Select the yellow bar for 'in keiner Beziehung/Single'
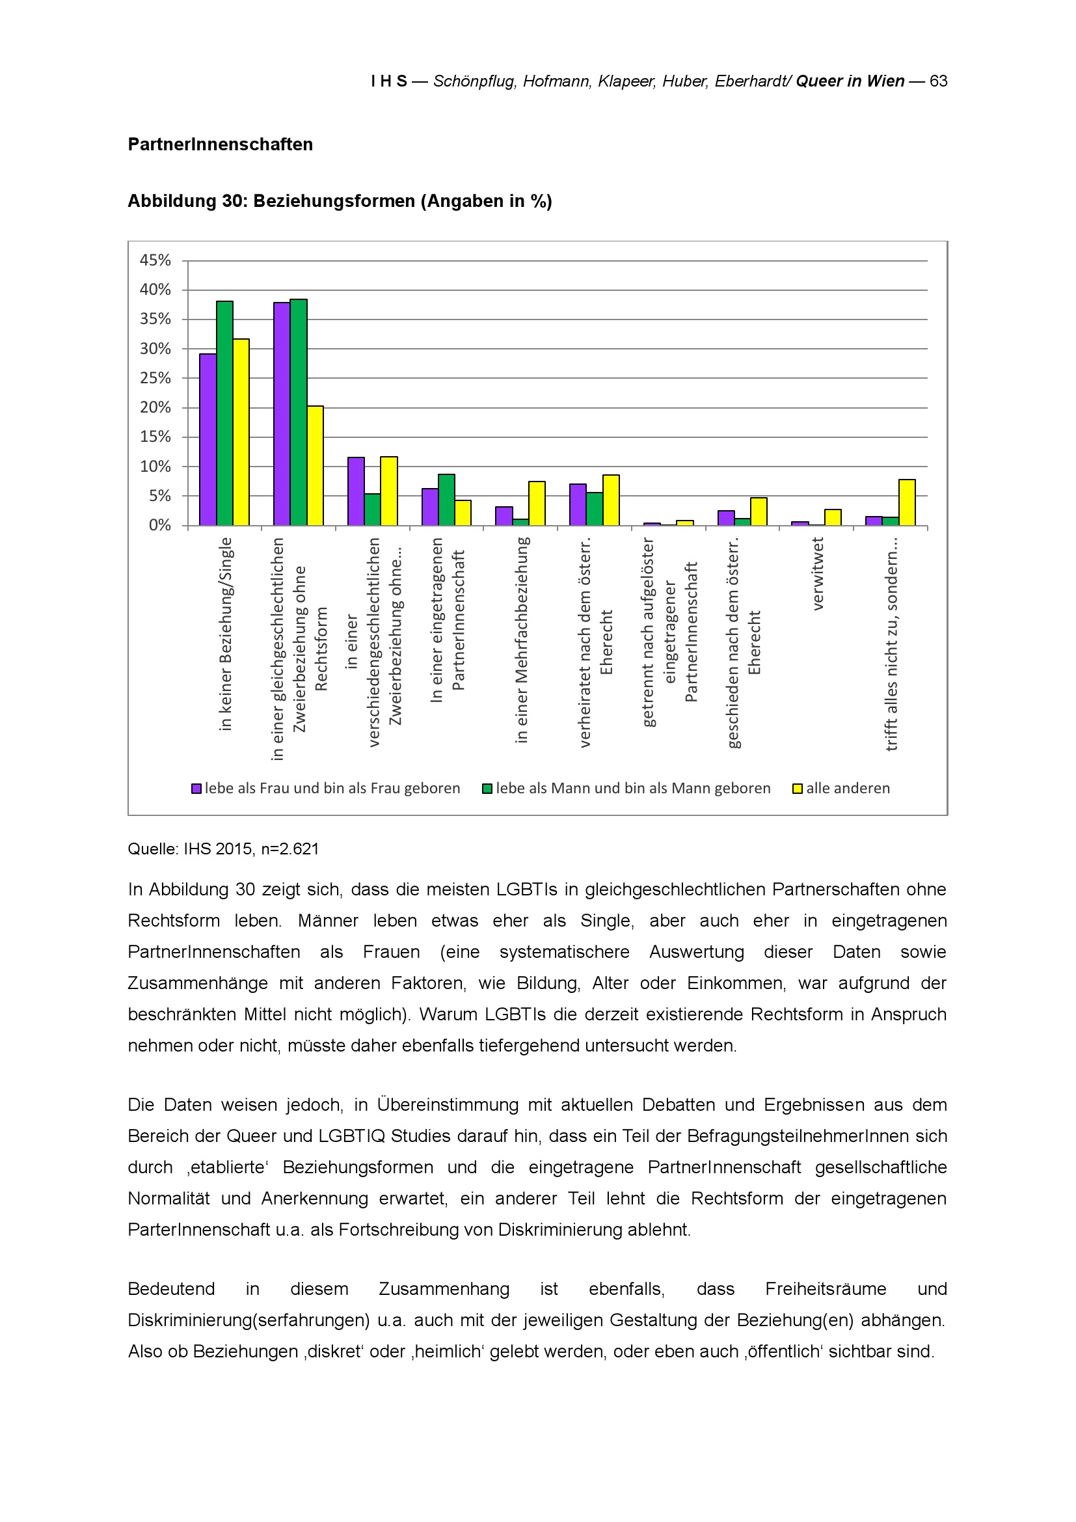tap(241, 432)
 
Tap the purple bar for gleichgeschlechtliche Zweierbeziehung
tap(282, 414)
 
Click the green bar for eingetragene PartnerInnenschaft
tap(446, 500)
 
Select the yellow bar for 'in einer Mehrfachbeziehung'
tap(537, 503)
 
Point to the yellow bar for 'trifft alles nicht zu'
tap(907, 502)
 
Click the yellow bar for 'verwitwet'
tap(833, 517)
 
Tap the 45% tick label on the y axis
tap(155, 260)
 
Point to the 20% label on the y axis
tap(155, 408)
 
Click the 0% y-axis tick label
tap(159, 526)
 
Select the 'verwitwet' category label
tap(817, 574)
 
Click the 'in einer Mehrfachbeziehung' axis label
tap(522, 640)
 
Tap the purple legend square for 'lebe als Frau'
tap(196, 789)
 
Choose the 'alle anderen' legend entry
tap(848, 788)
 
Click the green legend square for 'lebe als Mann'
tap(487, 789)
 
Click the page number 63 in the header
tap(938, 81)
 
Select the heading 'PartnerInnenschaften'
tap(220, 144)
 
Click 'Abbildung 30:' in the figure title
tap(187, 201)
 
